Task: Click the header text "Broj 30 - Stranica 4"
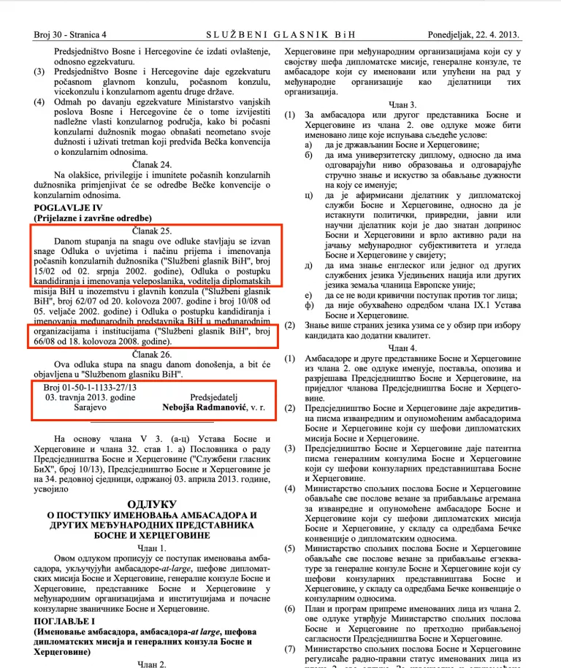[x=70, y=34]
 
